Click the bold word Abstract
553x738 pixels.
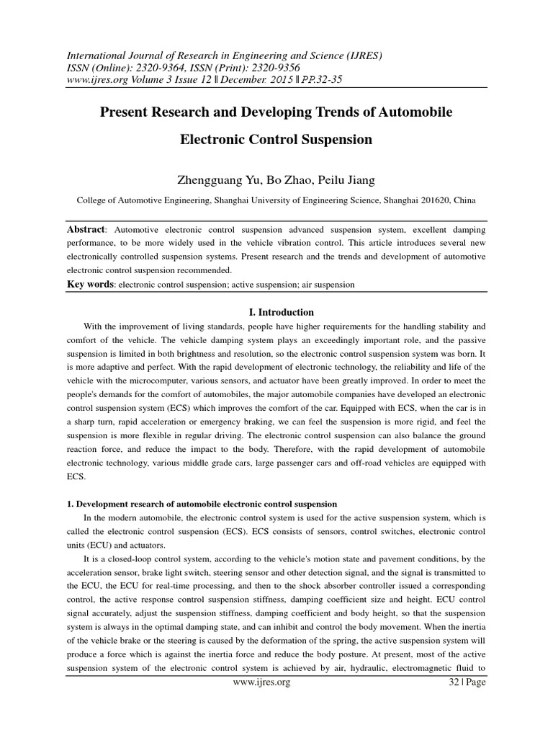[x=86, y=229]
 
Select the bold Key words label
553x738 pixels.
[x=90, y=284]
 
